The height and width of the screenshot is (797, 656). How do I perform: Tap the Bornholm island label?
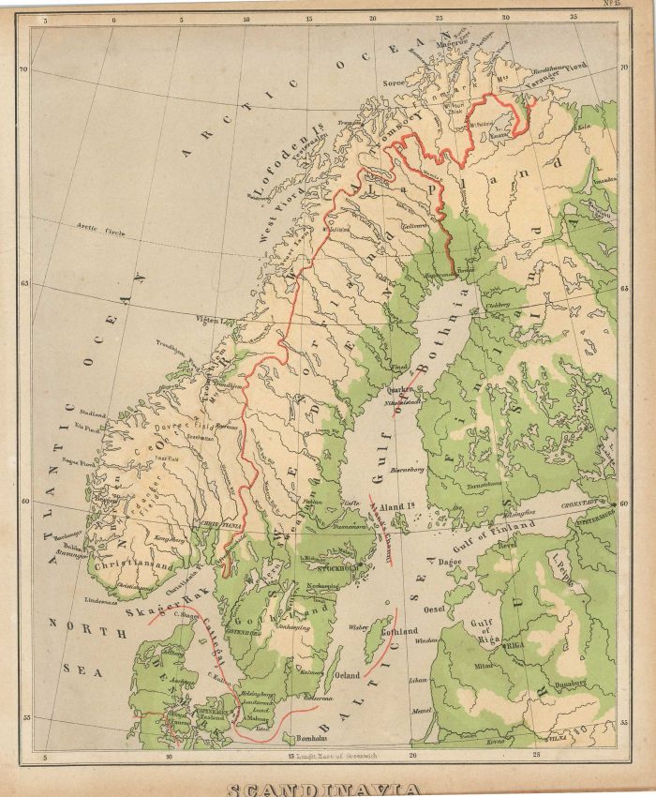pyautogui.click(x=285, y=735)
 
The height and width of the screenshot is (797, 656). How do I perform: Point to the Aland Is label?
pyautogui.click(x=396, y=507)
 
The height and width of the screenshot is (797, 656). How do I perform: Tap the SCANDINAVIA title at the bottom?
pyautogui.click(x=325, y=789)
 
